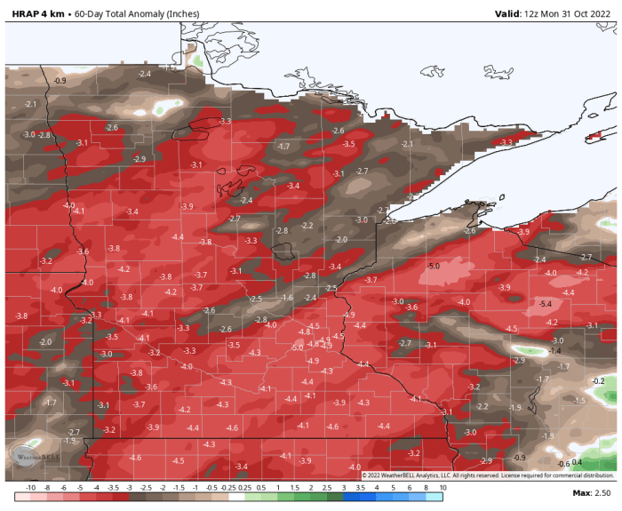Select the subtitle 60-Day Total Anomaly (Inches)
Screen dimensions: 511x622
click(x=137, y=13)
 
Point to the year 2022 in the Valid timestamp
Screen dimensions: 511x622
click(x=600, y=13)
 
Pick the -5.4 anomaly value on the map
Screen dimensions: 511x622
click(x=546, y=304)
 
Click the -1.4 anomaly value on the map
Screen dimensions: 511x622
click(x=555, y=351)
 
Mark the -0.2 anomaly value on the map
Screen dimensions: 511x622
click(x=598, y=380)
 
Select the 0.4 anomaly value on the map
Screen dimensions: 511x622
click(x=577, y=461)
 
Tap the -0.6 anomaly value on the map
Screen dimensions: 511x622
click(x=562, y=464)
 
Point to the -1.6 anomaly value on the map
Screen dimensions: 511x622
click(x=287, y=298)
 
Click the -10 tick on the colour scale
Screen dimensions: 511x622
click(x=30, y=488)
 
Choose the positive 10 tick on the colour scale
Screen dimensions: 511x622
click(x=441, y=488)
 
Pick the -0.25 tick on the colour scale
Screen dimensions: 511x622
click(x=227, y=488)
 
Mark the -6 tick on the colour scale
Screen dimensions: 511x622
click(x=62, y=488)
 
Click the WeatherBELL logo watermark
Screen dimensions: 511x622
click(x=29, y=455)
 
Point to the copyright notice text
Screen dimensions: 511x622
click(x=488, y=475)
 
